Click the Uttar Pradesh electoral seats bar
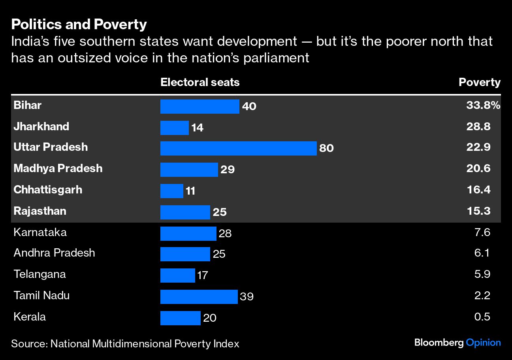[238, 148]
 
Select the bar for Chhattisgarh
[172, 191]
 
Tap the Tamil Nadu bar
[199, 296]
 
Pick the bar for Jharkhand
[174, 127]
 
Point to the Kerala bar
[180, 318]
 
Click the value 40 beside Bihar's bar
[249, 107]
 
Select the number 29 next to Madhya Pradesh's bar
[228, 170]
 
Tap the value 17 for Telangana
[202, 275]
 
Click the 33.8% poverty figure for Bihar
[483, 105]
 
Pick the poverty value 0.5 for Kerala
[482, 317]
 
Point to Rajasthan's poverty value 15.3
[478, 211]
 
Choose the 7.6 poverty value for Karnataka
[482, 232]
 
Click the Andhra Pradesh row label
[54, 253]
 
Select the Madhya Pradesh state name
[58, 169]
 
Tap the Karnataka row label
[40, 232]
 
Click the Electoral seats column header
[200, 82]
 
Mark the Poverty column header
[479, 82]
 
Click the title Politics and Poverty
[79, 24]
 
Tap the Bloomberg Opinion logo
[457, 343]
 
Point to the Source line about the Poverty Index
[125, 344]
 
